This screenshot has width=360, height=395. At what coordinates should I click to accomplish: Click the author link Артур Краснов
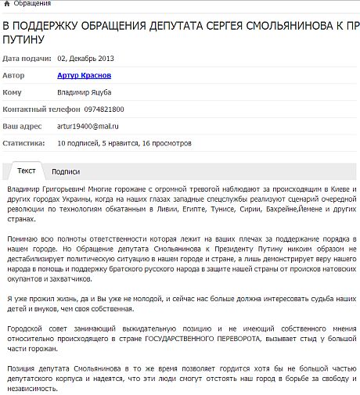tap(84, 75)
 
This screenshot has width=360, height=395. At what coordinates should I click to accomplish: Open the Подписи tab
tap(66, 171)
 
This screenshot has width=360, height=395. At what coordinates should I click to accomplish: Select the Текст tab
tap(27, 171)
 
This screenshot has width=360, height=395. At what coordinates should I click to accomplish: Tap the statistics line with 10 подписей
tap(124, 144)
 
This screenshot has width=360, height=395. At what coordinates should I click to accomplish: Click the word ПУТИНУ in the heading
tap(26, 38)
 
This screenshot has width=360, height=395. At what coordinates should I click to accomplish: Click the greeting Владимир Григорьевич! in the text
tap(45, 190)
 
